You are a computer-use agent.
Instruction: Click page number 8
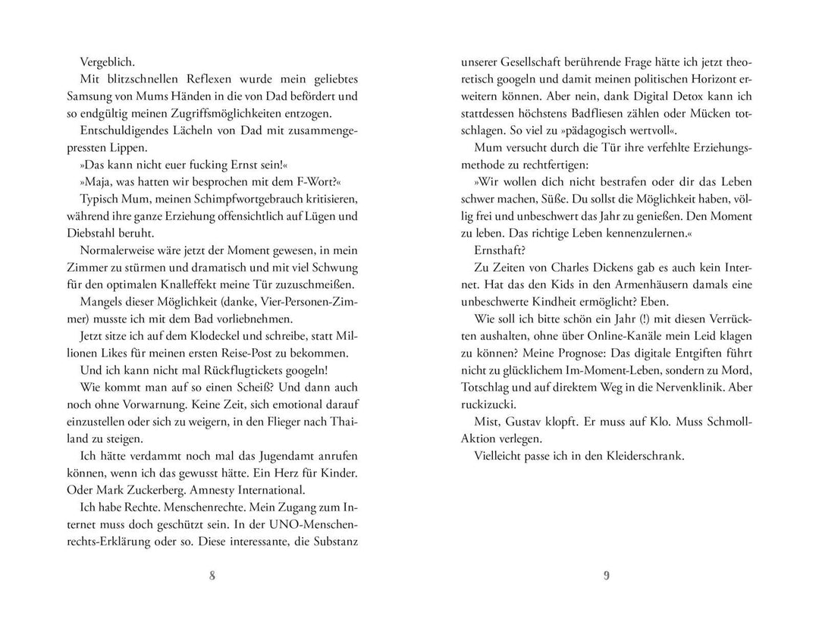tap(212, 575)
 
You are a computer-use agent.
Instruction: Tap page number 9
tap(607, 575)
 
